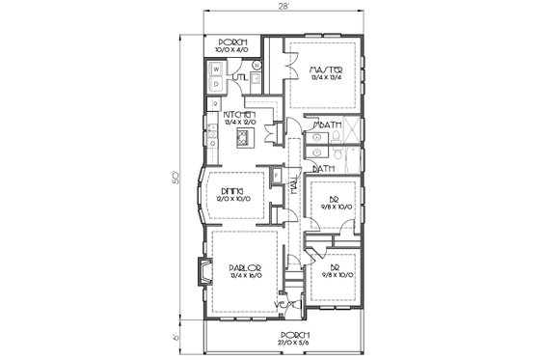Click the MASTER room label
[322, 70]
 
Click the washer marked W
[215, 69]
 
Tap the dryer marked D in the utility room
[215, 84]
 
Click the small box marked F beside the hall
[277, 178]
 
